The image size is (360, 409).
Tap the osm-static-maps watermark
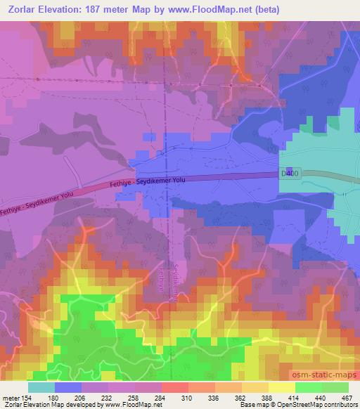click(x=321, y=372)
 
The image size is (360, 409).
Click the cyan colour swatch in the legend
click(x=41, y=387)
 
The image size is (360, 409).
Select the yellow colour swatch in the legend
click(x=282, y=387)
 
